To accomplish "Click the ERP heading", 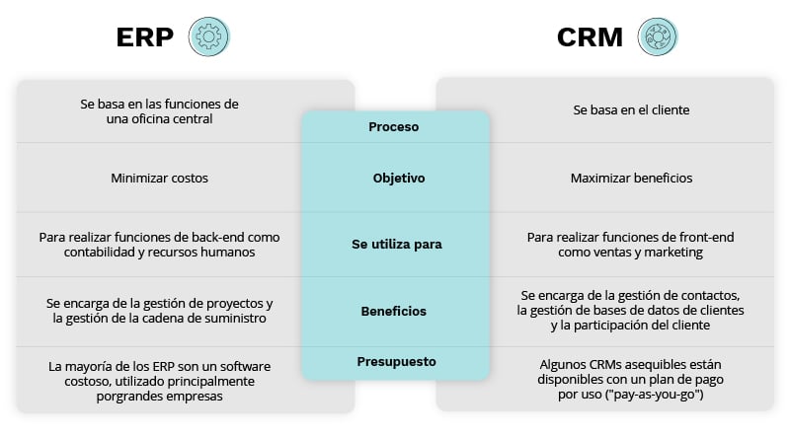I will pos(146,37).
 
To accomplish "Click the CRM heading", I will pos(590,37).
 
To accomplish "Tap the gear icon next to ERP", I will pos(208,37).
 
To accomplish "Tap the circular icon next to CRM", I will pos(657,37).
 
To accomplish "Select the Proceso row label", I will pos(394,126).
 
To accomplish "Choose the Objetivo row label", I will pos(399,179).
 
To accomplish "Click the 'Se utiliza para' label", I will pos(396,244).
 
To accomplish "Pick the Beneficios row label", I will pos(394,311).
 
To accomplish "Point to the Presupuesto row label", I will pos(396,361).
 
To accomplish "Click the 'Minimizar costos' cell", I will pos(159,179).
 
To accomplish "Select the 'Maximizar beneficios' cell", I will pos(631,179).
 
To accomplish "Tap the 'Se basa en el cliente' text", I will pos(631,110).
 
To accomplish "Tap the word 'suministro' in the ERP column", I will pos(241,318).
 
